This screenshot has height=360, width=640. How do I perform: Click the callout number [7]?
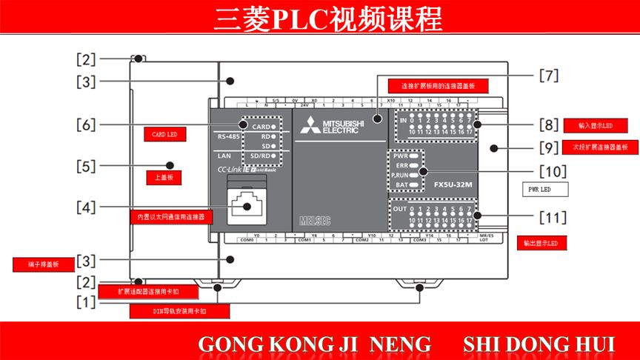tap(547, 75)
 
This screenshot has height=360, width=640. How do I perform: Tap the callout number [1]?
tap(87, 301)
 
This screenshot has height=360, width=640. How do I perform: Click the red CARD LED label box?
tap(164, 134)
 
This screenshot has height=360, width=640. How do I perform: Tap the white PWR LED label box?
tap(544, 190)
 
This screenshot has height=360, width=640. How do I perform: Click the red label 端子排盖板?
tap(36, 264)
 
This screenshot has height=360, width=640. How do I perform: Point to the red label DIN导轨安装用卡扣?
tap(168, 311)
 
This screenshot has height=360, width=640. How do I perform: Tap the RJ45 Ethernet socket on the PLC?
tap(245, 204)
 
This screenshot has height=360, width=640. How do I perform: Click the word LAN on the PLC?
tap(225, 156)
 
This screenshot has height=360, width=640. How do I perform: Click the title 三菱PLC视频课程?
tap(320, 18)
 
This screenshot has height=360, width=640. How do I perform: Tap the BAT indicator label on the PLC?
tap(401, 184)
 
